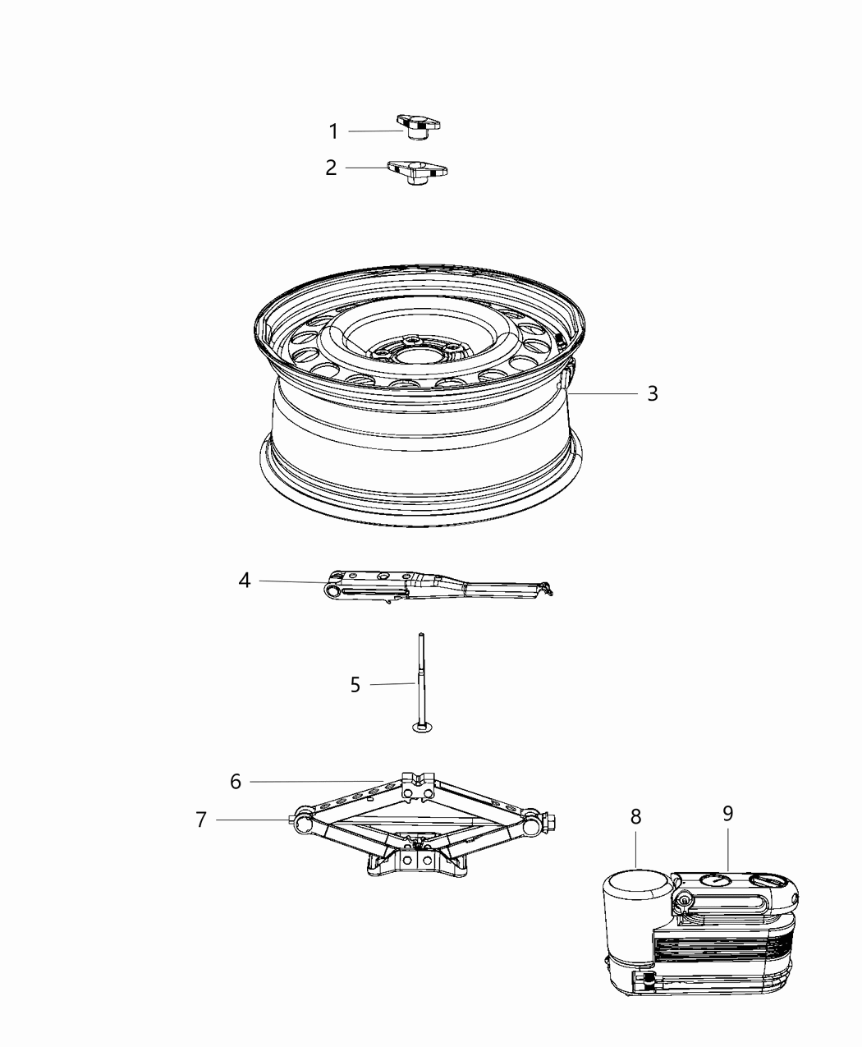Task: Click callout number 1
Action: click(333, 131)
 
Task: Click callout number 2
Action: click(331, 168)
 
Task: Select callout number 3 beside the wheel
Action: click(652, 393)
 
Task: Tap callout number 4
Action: click(244, 581)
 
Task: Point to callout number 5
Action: click(355, 684)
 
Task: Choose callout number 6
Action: click(236, 782)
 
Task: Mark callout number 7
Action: click(201, 820)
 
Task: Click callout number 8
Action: click(635, 817)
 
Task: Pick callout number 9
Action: click(727, 814)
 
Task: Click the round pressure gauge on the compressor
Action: click(714, 881)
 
